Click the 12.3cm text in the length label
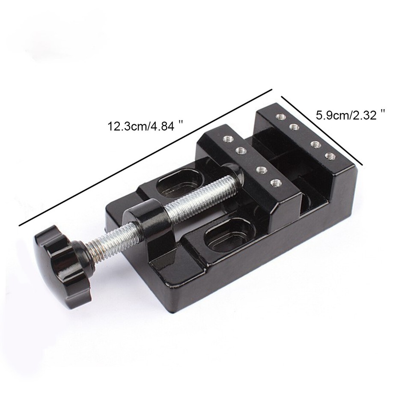point(125,127)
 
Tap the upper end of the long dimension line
point(272,89)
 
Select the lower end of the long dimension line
point(20,224)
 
